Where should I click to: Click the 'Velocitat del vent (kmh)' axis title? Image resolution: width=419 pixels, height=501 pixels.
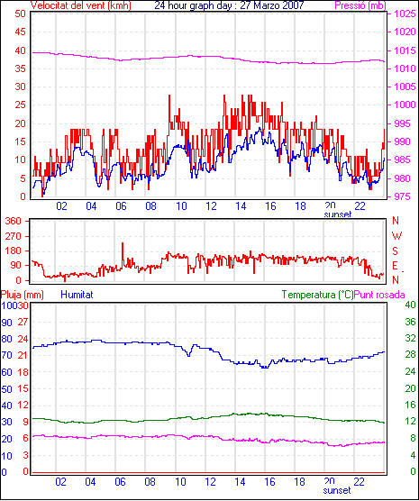click(x=81, y=5)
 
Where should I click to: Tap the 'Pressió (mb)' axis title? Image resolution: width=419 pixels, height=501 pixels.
click(x=360, y=5)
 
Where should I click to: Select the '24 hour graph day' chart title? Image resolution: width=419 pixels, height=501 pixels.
click(x=195, y=5)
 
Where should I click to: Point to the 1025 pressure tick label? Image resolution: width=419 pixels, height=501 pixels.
click(x=405, y=14)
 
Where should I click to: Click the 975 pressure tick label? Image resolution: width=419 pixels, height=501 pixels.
click(x=403, y=196)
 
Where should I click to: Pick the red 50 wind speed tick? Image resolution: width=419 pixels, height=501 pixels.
click(x=20, y=14)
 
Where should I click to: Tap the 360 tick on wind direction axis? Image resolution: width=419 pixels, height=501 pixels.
click(x=14, y=221)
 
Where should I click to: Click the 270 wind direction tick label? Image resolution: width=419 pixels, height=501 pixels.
click(x=14, y=236)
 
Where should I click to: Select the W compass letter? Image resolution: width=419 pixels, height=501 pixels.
click(x=396, y=236)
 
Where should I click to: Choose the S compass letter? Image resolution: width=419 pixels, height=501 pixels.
click(x=396, y=251)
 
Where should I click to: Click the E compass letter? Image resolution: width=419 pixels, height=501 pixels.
click(x=396, y=266)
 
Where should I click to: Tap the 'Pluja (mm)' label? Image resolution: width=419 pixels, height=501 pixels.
click(x=22, y=295)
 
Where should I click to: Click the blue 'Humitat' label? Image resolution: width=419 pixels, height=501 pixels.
click(x=77, y=295)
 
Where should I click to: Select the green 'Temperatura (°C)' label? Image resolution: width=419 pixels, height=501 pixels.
click(x=318, y=295)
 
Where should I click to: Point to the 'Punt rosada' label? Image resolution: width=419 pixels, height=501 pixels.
click(x=379, y=295)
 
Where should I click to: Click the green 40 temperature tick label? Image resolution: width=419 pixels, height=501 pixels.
click(x=410, y=305)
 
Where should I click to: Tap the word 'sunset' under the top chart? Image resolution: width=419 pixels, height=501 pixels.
click(x=338, y=214)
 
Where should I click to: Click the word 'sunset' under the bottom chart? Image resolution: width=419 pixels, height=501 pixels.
click(x=337, y=490)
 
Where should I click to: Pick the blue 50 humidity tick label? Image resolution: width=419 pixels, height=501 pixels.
click(x=6, y=389)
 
